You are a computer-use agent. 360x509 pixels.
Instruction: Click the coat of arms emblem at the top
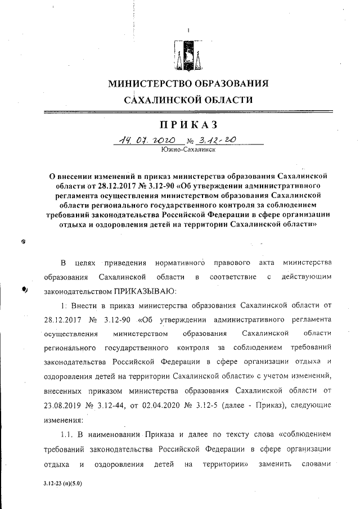click(x=188, y=55)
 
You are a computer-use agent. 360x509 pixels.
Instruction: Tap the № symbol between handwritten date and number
click(x=197, y=141)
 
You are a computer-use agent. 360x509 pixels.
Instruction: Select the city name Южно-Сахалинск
click(x=187, y=150)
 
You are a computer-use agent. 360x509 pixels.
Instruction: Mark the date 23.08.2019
click(x=62, y=405)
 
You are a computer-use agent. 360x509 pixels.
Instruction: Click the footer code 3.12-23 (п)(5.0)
click(x=62, y=483)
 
